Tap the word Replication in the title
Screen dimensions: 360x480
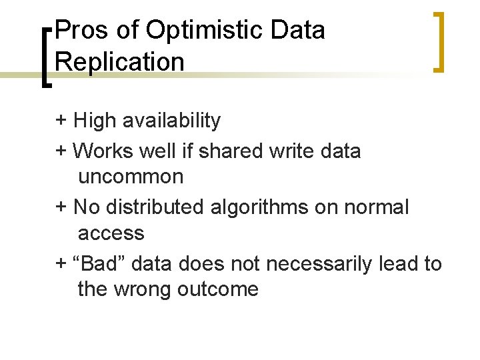point(120,62)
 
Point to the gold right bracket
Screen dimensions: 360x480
point(438,41)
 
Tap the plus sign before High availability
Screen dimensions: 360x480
point(61,121)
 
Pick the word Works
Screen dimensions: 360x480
point(103,151)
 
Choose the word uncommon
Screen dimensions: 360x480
point(131,177)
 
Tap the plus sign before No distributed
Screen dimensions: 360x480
point(61,207)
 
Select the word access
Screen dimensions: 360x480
point(111,233)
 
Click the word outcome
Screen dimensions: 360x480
point(218,289)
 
